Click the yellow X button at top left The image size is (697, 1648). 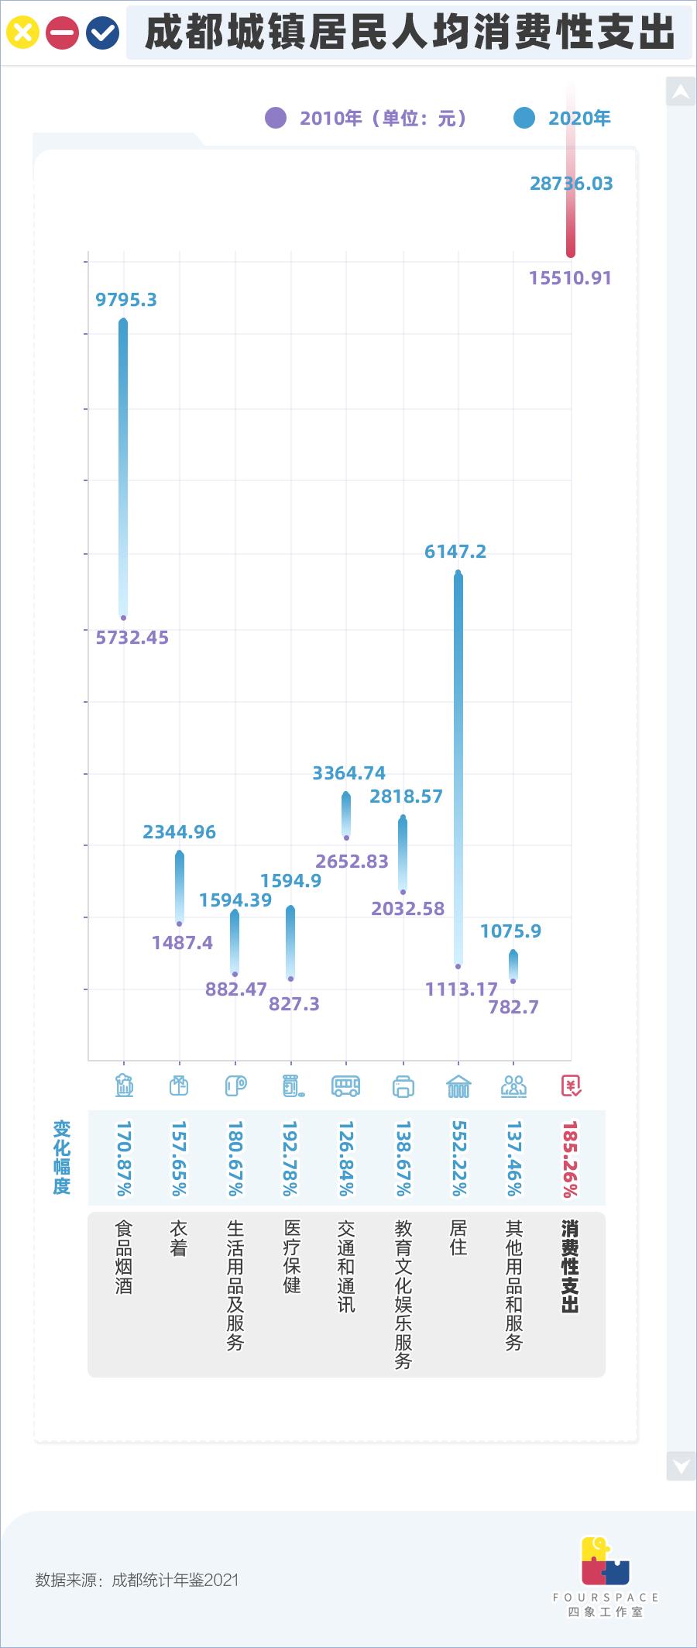[x=22, y=33]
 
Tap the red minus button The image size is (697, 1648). [x=62, y=33]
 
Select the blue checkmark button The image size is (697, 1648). [x=102, y=33]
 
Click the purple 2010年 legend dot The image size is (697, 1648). [x=276, y=118]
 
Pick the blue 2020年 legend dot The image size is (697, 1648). [x=524, y=118]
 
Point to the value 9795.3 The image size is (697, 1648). [x=126, y=300]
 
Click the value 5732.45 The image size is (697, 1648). [x=132, y=638]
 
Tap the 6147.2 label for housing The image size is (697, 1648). [x=455, y=552]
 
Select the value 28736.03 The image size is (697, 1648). [x=571, y=184]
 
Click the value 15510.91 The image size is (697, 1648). [x=570, y=278]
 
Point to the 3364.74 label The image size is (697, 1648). [x=348, y=773]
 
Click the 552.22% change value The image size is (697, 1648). [x=458, y=1158]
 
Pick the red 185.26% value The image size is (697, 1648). [x=570, y=1158]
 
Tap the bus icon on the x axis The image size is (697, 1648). [x=345, y=1086]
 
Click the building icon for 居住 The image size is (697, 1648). [x=458, y=1086]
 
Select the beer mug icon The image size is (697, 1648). [x=124, y=1086]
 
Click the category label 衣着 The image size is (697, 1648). [x=179, y=1238]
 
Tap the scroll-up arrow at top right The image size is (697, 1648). [x=681, y=92]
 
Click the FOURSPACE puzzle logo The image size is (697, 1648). [x=605, y=1559]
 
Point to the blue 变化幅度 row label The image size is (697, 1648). [x=62, y=1158]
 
